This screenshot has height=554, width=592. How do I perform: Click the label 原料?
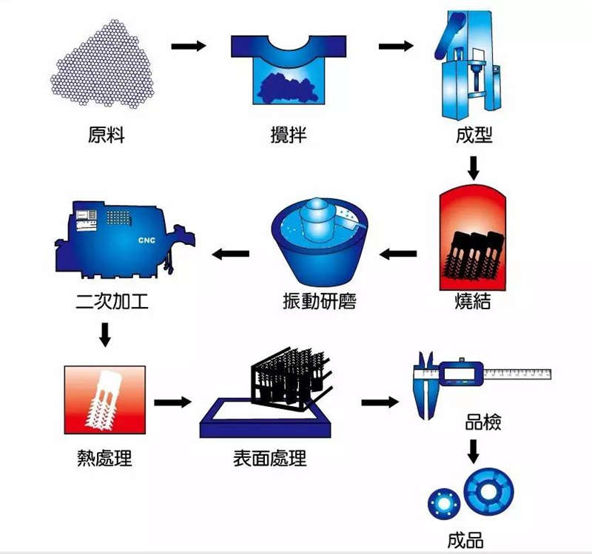(x=106, y=137)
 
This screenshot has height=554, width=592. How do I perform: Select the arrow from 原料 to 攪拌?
(x=188, y=47)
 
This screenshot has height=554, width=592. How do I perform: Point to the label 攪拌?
(x=288, y=137)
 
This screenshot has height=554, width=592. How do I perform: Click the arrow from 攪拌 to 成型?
(x=395, y=47)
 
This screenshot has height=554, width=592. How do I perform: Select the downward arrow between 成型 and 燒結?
(x=474, y=167)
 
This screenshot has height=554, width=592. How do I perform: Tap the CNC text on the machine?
(x=147, y=240)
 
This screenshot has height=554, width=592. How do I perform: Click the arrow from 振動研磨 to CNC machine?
(x=231, y=254)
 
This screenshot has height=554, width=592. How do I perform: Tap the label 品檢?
(x=483, y=423)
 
